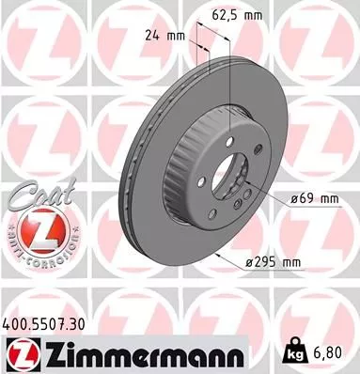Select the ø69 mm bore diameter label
[x=308, y=199]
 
